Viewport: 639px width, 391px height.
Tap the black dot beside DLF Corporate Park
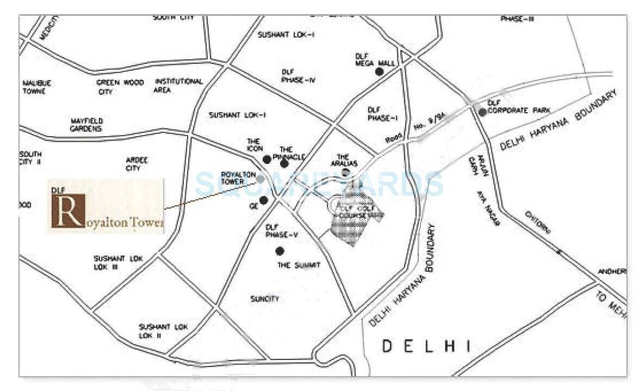coord(482,112)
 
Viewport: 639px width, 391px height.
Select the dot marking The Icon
coord(266,159)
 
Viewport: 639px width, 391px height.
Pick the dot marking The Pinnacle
coord(284,163)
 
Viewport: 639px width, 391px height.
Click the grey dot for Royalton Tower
coord(260,179)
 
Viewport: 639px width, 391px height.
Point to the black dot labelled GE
coord(263,200)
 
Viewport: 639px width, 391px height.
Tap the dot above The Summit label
coord(280,251)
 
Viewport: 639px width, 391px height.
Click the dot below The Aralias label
coord(345,173)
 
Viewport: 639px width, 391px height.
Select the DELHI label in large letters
coord(425,345)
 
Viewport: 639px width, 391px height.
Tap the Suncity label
coord(264,299)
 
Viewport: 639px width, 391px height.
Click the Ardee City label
coord(137,164)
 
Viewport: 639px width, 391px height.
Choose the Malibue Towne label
coord(36,87)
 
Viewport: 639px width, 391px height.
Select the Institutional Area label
coord(178,85)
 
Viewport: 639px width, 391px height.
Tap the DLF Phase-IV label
coord(299,76)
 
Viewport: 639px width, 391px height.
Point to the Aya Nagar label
coord(488,207)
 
